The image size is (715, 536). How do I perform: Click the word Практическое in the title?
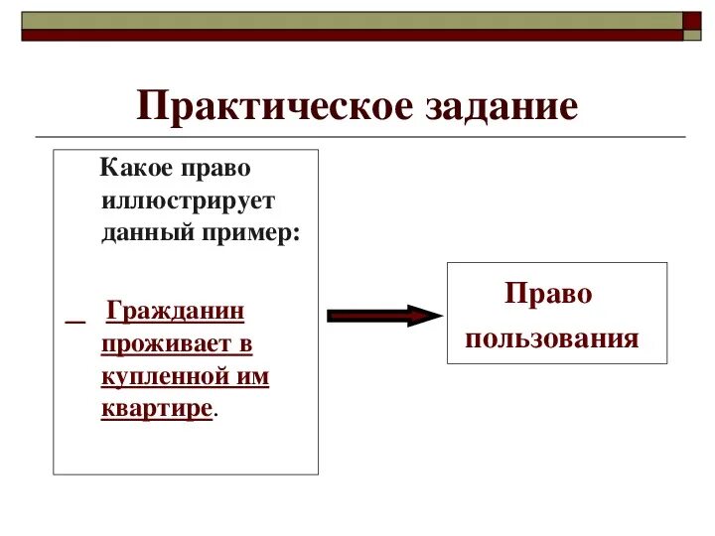coord(262,106)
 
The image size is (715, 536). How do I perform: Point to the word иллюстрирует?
coord(188,201)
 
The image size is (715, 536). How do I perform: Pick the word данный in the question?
coord(142,234)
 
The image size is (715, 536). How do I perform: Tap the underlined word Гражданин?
coord(175,312)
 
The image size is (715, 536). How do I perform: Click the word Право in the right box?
coord(548,294)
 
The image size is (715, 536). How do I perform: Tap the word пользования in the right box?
coord(552,339)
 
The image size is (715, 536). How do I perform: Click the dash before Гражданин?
coord(75,316)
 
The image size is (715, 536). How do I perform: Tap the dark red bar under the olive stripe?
coord(348,35)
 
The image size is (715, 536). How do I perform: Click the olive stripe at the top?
coord(348,20)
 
